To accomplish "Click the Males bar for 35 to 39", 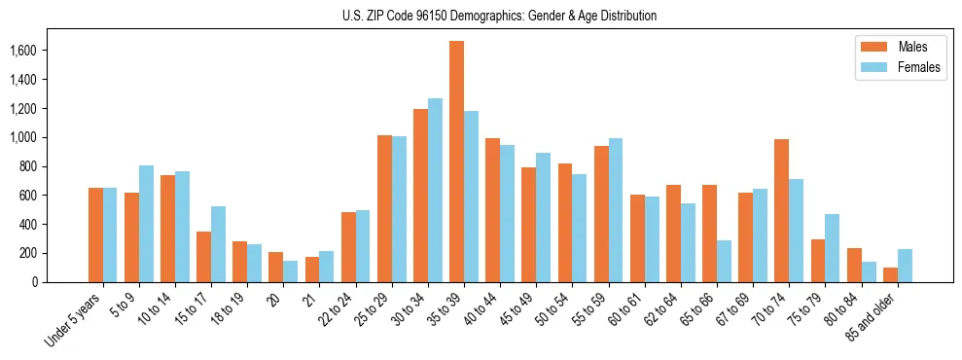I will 456,162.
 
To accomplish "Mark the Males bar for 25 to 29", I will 384,209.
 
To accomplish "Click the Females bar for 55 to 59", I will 615,210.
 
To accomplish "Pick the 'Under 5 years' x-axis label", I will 74,319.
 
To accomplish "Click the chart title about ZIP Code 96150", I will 499,16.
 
